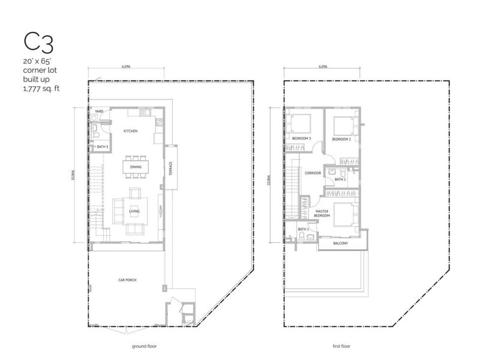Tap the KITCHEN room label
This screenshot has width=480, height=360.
[131, 130]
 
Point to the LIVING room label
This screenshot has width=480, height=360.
[134, 211]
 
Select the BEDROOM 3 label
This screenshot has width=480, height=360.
[301, 139]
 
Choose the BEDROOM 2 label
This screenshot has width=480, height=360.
[341, 139]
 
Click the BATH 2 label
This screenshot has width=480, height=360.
[340, 179]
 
